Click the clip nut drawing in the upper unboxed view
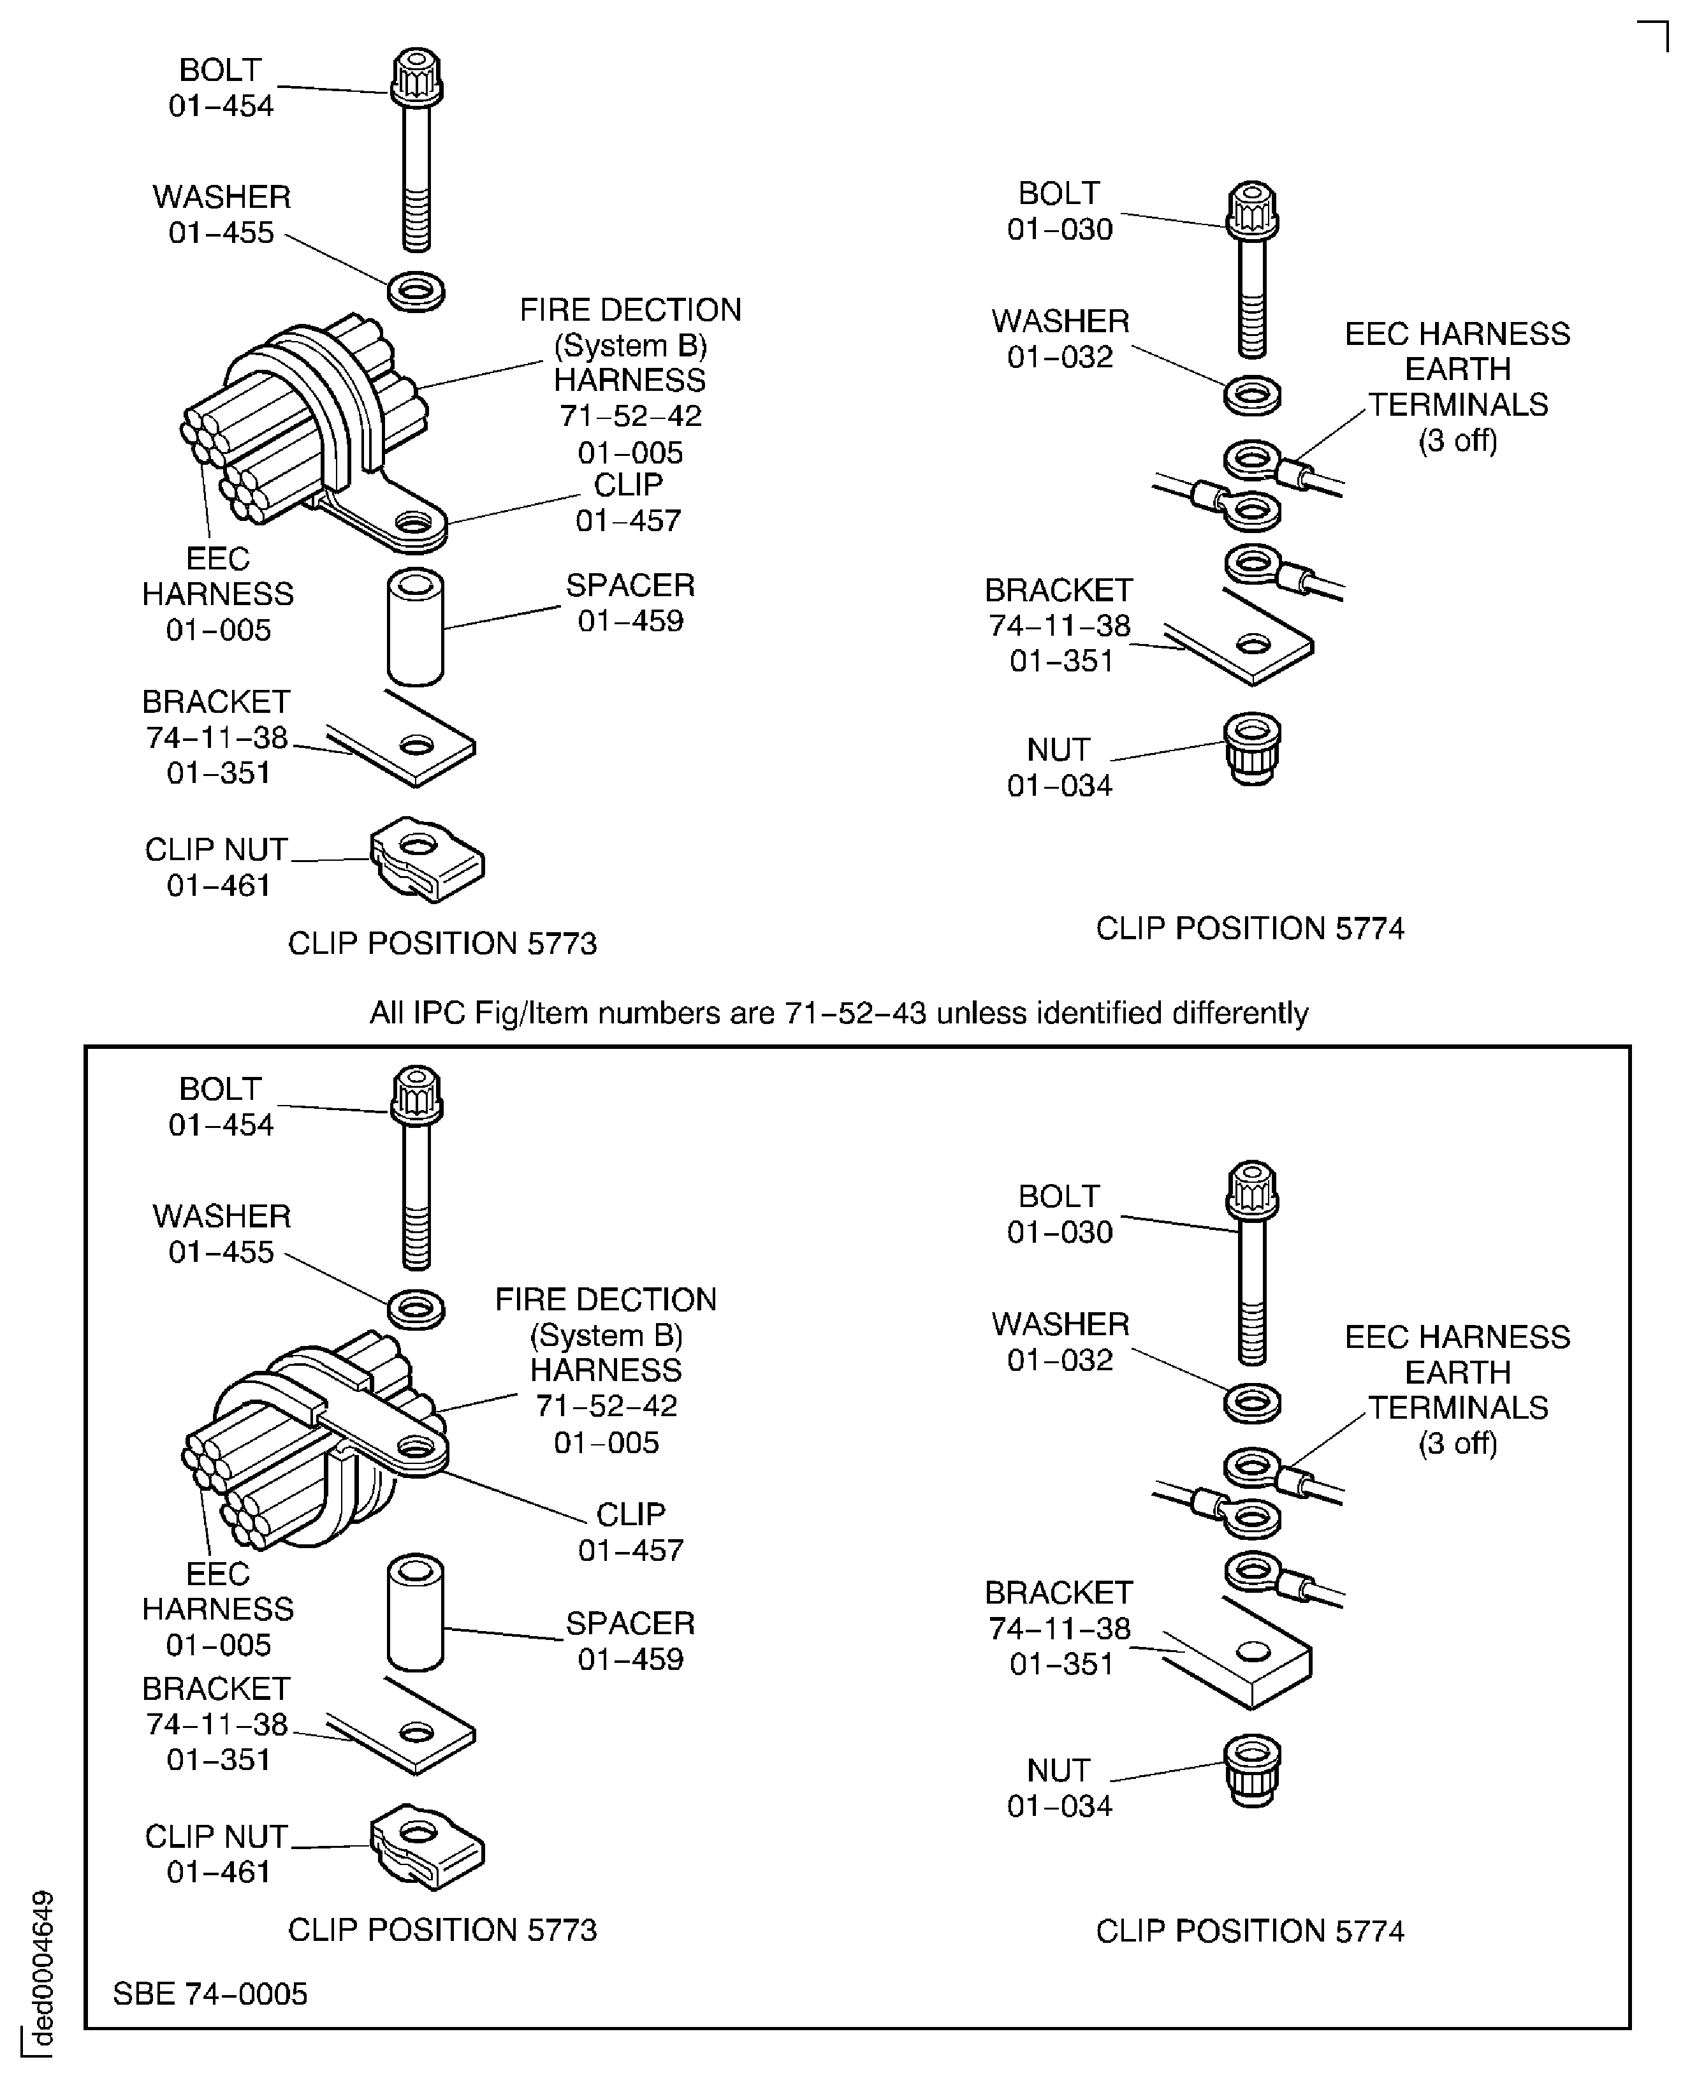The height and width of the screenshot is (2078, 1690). [427, 860]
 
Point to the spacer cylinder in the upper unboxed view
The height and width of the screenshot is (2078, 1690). [416, 628]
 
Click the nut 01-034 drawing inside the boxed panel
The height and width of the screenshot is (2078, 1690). [1252, 1769]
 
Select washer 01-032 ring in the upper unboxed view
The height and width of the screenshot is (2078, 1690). [1252, 395]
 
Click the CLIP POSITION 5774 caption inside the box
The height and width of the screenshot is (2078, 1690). [1250, 1930]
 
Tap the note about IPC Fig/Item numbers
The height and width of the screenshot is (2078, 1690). [838, 1013]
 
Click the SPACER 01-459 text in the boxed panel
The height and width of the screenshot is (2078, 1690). [630, 1641]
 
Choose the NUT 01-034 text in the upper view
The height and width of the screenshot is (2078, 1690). [1059, 767]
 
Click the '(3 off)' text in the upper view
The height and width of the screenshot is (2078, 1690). [1457, 440]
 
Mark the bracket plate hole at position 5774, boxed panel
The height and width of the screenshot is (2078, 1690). [1253, 1651]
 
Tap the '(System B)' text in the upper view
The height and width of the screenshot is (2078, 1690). [630, 345]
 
